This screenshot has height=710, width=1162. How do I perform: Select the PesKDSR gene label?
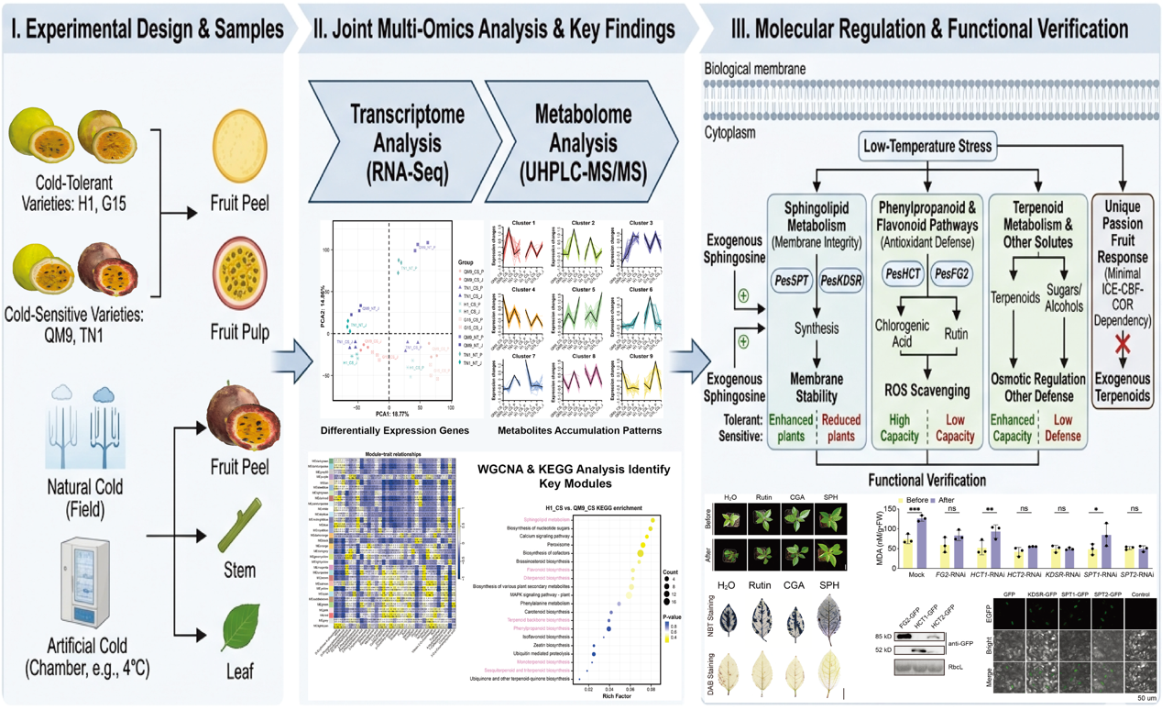pos(841,280)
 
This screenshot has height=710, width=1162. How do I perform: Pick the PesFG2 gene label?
pos(953,272)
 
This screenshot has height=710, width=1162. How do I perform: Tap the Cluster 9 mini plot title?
pos(641,356)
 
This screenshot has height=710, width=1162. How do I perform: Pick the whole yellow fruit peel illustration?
pos(239,146)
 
